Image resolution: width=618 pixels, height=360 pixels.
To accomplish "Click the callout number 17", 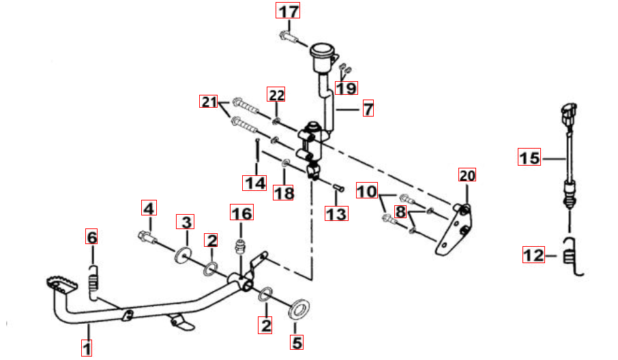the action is point(288,11).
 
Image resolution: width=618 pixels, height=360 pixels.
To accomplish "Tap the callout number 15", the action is point(529,157).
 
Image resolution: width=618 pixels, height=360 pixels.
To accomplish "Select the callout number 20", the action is point(467,175).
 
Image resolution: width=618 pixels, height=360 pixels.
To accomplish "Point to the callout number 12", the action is point(533,254).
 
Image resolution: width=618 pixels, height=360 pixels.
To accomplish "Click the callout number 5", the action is point(297,342).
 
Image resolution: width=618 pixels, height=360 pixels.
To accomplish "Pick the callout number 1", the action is point(87,348).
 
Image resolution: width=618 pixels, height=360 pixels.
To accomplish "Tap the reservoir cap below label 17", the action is point(322,51).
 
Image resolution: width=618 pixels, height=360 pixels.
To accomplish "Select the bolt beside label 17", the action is point(289,37).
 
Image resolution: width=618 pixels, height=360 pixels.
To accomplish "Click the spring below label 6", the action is point(93,282).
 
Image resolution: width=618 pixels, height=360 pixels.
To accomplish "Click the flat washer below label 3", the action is point(182,256).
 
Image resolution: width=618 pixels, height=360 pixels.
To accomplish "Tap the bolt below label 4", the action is point(147,237).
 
